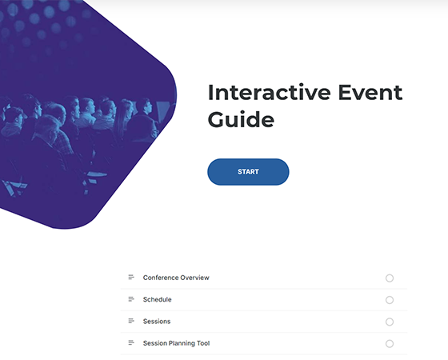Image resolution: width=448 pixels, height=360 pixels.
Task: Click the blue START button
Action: coord(248,172)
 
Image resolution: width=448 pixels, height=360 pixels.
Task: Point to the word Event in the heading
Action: coord(374,92)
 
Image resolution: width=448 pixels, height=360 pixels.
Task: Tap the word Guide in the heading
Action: coord(240,120)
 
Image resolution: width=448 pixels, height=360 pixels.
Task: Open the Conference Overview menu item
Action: coord(176,278)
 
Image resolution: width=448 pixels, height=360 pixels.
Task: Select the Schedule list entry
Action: coord(157,299)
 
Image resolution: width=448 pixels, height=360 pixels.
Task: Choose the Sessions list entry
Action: coord(157,322)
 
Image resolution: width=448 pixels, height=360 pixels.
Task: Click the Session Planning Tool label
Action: coord(176,343)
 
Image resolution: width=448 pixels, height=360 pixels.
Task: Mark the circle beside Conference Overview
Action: coord(390,278)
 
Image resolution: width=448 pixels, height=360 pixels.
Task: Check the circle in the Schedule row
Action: coord(390,300)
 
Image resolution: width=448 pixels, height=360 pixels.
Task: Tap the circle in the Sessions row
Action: coord(390,322)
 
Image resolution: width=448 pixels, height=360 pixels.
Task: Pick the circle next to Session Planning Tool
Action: coord(390,343)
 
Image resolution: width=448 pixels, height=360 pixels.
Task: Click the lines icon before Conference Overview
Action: coord(131,278)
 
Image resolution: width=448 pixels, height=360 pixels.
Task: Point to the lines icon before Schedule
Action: coord(131,299)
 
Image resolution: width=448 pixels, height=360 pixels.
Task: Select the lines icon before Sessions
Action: coord(131,322)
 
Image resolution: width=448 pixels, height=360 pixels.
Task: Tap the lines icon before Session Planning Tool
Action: coord(131,343)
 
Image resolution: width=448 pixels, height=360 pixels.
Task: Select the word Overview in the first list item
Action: coord(194,278)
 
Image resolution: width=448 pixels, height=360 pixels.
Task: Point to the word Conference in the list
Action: coord(161,278)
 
